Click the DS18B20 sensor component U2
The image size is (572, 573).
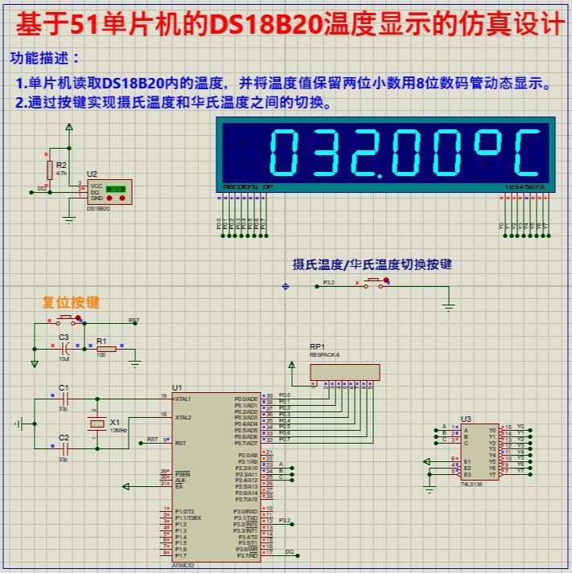(108, 192)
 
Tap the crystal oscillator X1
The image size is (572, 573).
(97, 424)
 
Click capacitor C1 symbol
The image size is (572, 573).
(66, 398)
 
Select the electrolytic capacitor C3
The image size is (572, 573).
(65, 349)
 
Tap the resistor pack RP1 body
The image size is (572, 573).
(344, 372)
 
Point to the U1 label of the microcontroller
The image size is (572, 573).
(177, 387)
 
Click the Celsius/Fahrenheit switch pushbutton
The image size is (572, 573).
(375, 282)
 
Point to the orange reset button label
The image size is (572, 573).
(71, 303)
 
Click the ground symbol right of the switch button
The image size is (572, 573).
(449, 305)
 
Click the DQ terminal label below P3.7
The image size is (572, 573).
(289, 552)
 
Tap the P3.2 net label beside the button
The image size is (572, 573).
(328, 283)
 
